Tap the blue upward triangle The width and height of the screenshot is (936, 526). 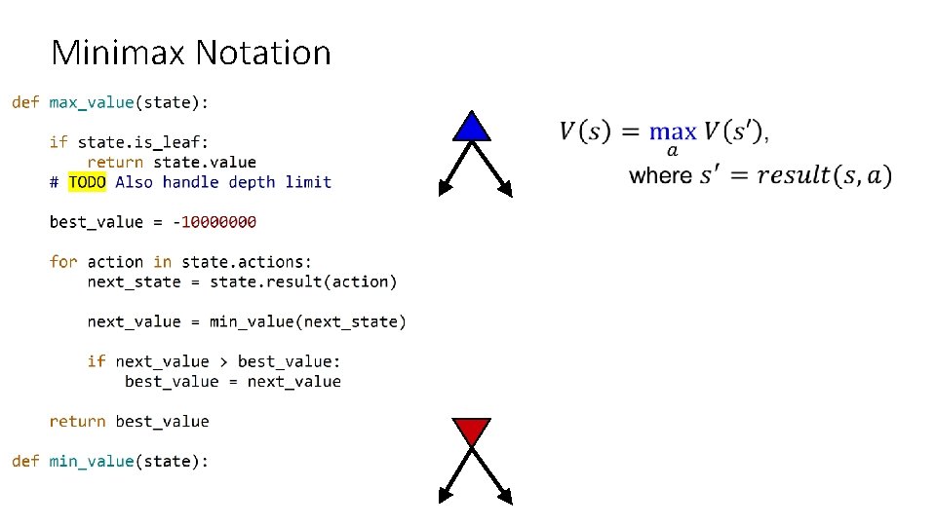472,128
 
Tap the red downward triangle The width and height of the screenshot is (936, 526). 472,430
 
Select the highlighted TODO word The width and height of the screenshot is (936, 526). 87,182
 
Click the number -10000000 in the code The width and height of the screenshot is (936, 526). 214,222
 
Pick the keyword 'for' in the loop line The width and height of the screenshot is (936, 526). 63,262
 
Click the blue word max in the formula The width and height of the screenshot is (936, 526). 673,131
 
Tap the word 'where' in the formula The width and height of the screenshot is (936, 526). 660,176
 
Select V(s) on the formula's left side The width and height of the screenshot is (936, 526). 585,131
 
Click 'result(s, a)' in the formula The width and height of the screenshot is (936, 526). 824,176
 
